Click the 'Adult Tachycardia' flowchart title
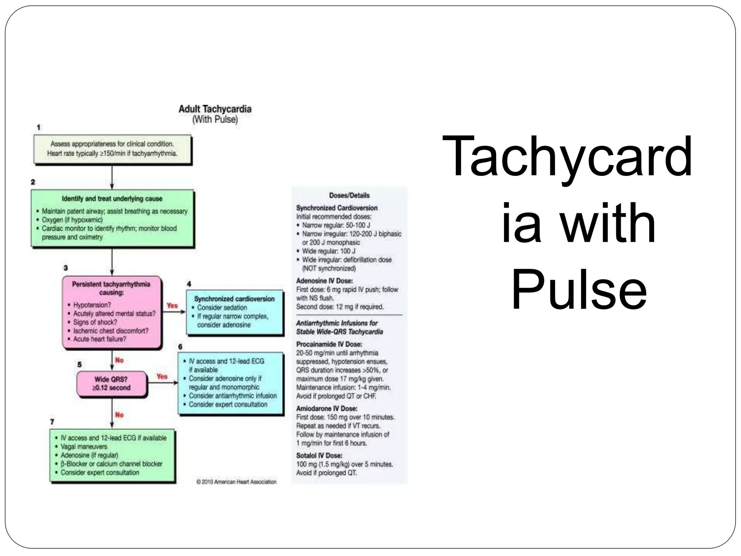215,109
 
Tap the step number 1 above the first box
39,127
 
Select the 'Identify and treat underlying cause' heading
112,199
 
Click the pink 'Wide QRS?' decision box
111,384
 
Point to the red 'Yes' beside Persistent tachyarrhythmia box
172,306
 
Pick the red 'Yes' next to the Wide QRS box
162,376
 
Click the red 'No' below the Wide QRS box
119,415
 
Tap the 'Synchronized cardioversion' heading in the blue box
234,299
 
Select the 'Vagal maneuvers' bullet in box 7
84,447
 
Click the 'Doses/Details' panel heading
349,195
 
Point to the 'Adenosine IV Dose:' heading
324,281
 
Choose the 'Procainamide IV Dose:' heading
329,344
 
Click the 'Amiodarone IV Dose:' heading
327,409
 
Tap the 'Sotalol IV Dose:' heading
319,456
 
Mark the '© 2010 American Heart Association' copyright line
236,482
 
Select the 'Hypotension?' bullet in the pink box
92,305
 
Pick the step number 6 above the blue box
180,347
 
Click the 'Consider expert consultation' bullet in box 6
228,404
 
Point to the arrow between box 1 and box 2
112,177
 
